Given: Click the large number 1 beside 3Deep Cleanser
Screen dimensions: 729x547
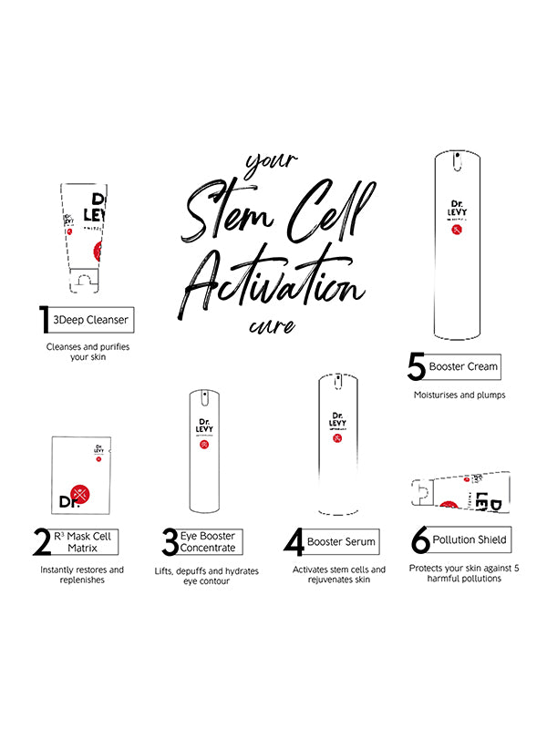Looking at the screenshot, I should pyautogui.click(x=43, y=320).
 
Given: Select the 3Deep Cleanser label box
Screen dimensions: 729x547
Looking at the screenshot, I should pyautogui.click(x=90, y=320).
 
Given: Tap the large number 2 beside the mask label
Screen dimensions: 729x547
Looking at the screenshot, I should pyautogui.click(x=42, y=542).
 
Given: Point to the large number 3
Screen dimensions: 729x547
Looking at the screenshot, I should pyautogui.click(x=169, y=542).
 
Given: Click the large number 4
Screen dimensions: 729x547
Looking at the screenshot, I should pyautogui.click(x=294, y=542).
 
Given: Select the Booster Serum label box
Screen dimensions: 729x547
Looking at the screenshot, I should pyautogui.click(x=341, y=541).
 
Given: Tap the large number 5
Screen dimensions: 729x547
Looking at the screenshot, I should pyautogui.click(x=417, y=367).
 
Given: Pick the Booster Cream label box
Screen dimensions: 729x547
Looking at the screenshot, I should pyautogui.click(x=465, y=366).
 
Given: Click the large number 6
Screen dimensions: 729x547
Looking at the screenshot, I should pyautogui.click(x=420, y=540).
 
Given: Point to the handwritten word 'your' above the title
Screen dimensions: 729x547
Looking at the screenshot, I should pyautogui.click(x=271, y=165).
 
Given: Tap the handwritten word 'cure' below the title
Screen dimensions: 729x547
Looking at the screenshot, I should pyautogui.click(x=271, y=325).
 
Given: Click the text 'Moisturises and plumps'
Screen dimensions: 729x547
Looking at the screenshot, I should pyautogui.click(x=459, y=395).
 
